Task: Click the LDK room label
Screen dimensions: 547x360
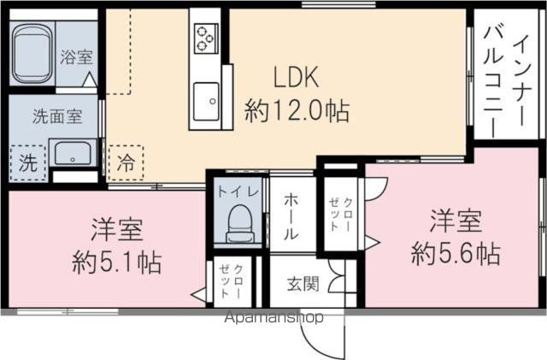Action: [296, 77]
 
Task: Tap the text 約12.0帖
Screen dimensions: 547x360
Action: [297, 110]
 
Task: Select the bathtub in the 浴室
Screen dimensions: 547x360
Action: [32, 54]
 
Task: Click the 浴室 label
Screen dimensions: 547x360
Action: [76, 57]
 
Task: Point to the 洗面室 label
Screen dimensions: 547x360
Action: [57, 116]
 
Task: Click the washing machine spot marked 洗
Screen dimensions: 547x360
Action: [28, 162]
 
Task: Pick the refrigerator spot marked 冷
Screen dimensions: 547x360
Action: [126, 162]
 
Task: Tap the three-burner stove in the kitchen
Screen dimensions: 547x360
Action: [206, 38]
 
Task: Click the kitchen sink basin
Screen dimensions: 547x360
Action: [206, 101]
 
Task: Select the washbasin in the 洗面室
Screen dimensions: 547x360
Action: [73, 154]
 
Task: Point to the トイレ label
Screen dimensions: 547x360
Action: [238, 192]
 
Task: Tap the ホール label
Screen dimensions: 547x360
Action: [291, 216]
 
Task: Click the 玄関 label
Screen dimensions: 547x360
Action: [303, 284]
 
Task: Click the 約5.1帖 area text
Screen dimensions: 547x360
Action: [116, 263]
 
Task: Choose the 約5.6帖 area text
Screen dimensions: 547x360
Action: [456, 254]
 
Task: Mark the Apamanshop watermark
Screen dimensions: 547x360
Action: [273, 317]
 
